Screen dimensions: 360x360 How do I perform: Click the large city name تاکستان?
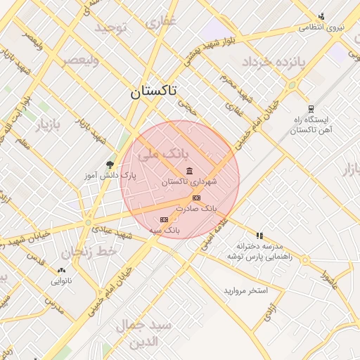[154, 91]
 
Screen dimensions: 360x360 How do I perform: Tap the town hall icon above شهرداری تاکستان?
[190, 171]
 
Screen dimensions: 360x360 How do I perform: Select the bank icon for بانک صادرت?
[196, 198]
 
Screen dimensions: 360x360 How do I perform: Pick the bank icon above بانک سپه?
[165, 219]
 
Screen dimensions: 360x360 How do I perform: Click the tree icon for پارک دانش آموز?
[109, 165]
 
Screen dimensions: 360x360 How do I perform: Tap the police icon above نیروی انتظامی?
[321, 17]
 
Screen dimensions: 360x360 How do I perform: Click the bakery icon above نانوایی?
[62, 270]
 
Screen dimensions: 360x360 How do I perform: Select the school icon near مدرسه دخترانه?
[259, 236]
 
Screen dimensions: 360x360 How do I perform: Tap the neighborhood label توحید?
[110, 27]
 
